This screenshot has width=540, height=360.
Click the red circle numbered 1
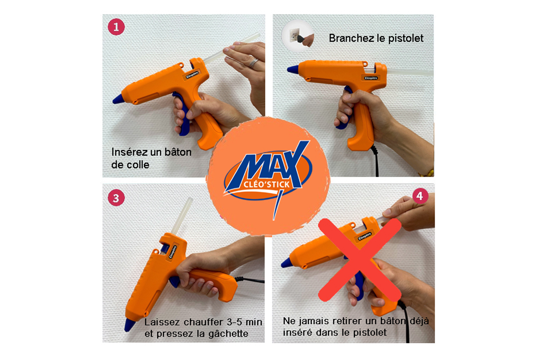[x=116, y=27]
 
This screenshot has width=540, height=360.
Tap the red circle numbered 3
[x=116, y=198]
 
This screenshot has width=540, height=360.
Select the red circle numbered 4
[x=420, y=196]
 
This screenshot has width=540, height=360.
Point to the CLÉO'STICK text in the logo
[x=266, y=185]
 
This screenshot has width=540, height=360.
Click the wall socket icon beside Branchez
[x=298, y=36]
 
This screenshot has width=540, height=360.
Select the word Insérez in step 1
[x=130, y=152]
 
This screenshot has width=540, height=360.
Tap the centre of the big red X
[x=359, y=260]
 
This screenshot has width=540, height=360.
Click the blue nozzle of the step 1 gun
[x=118, y=99]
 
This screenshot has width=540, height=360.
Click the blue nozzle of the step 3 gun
[x=130, y=325]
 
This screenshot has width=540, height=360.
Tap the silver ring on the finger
[x=253, y=63]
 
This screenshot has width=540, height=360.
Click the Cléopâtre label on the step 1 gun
[x=192, y=75]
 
